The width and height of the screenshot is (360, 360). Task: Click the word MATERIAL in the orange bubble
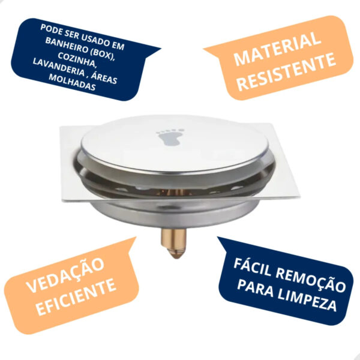click(277, 49)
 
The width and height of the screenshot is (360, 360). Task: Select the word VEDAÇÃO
click(65, 275)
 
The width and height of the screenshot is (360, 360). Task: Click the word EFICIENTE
click(76, 297)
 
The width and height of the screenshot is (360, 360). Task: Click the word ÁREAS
click(104, 78)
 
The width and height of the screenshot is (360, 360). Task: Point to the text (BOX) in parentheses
click(102, 53)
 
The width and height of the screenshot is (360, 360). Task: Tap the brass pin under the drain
click(174, 243)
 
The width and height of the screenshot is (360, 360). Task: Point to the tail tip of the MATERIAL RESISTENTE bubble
click(203, 49)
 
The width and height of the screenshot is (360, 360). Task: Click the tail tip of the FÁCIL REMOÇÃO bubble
click(218, 237)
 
